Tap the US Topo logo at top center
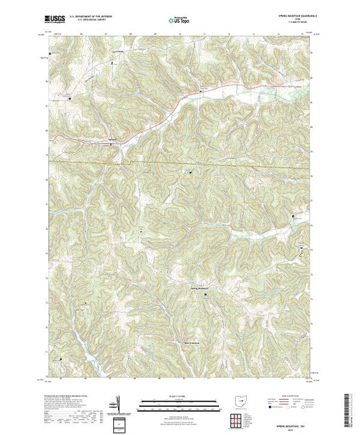coord(179,21)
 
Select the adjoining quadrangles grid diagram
coord(237,418)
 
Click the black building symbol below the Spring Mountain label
coord(204,295)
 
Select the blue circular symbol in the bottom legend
coord(270,408)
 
